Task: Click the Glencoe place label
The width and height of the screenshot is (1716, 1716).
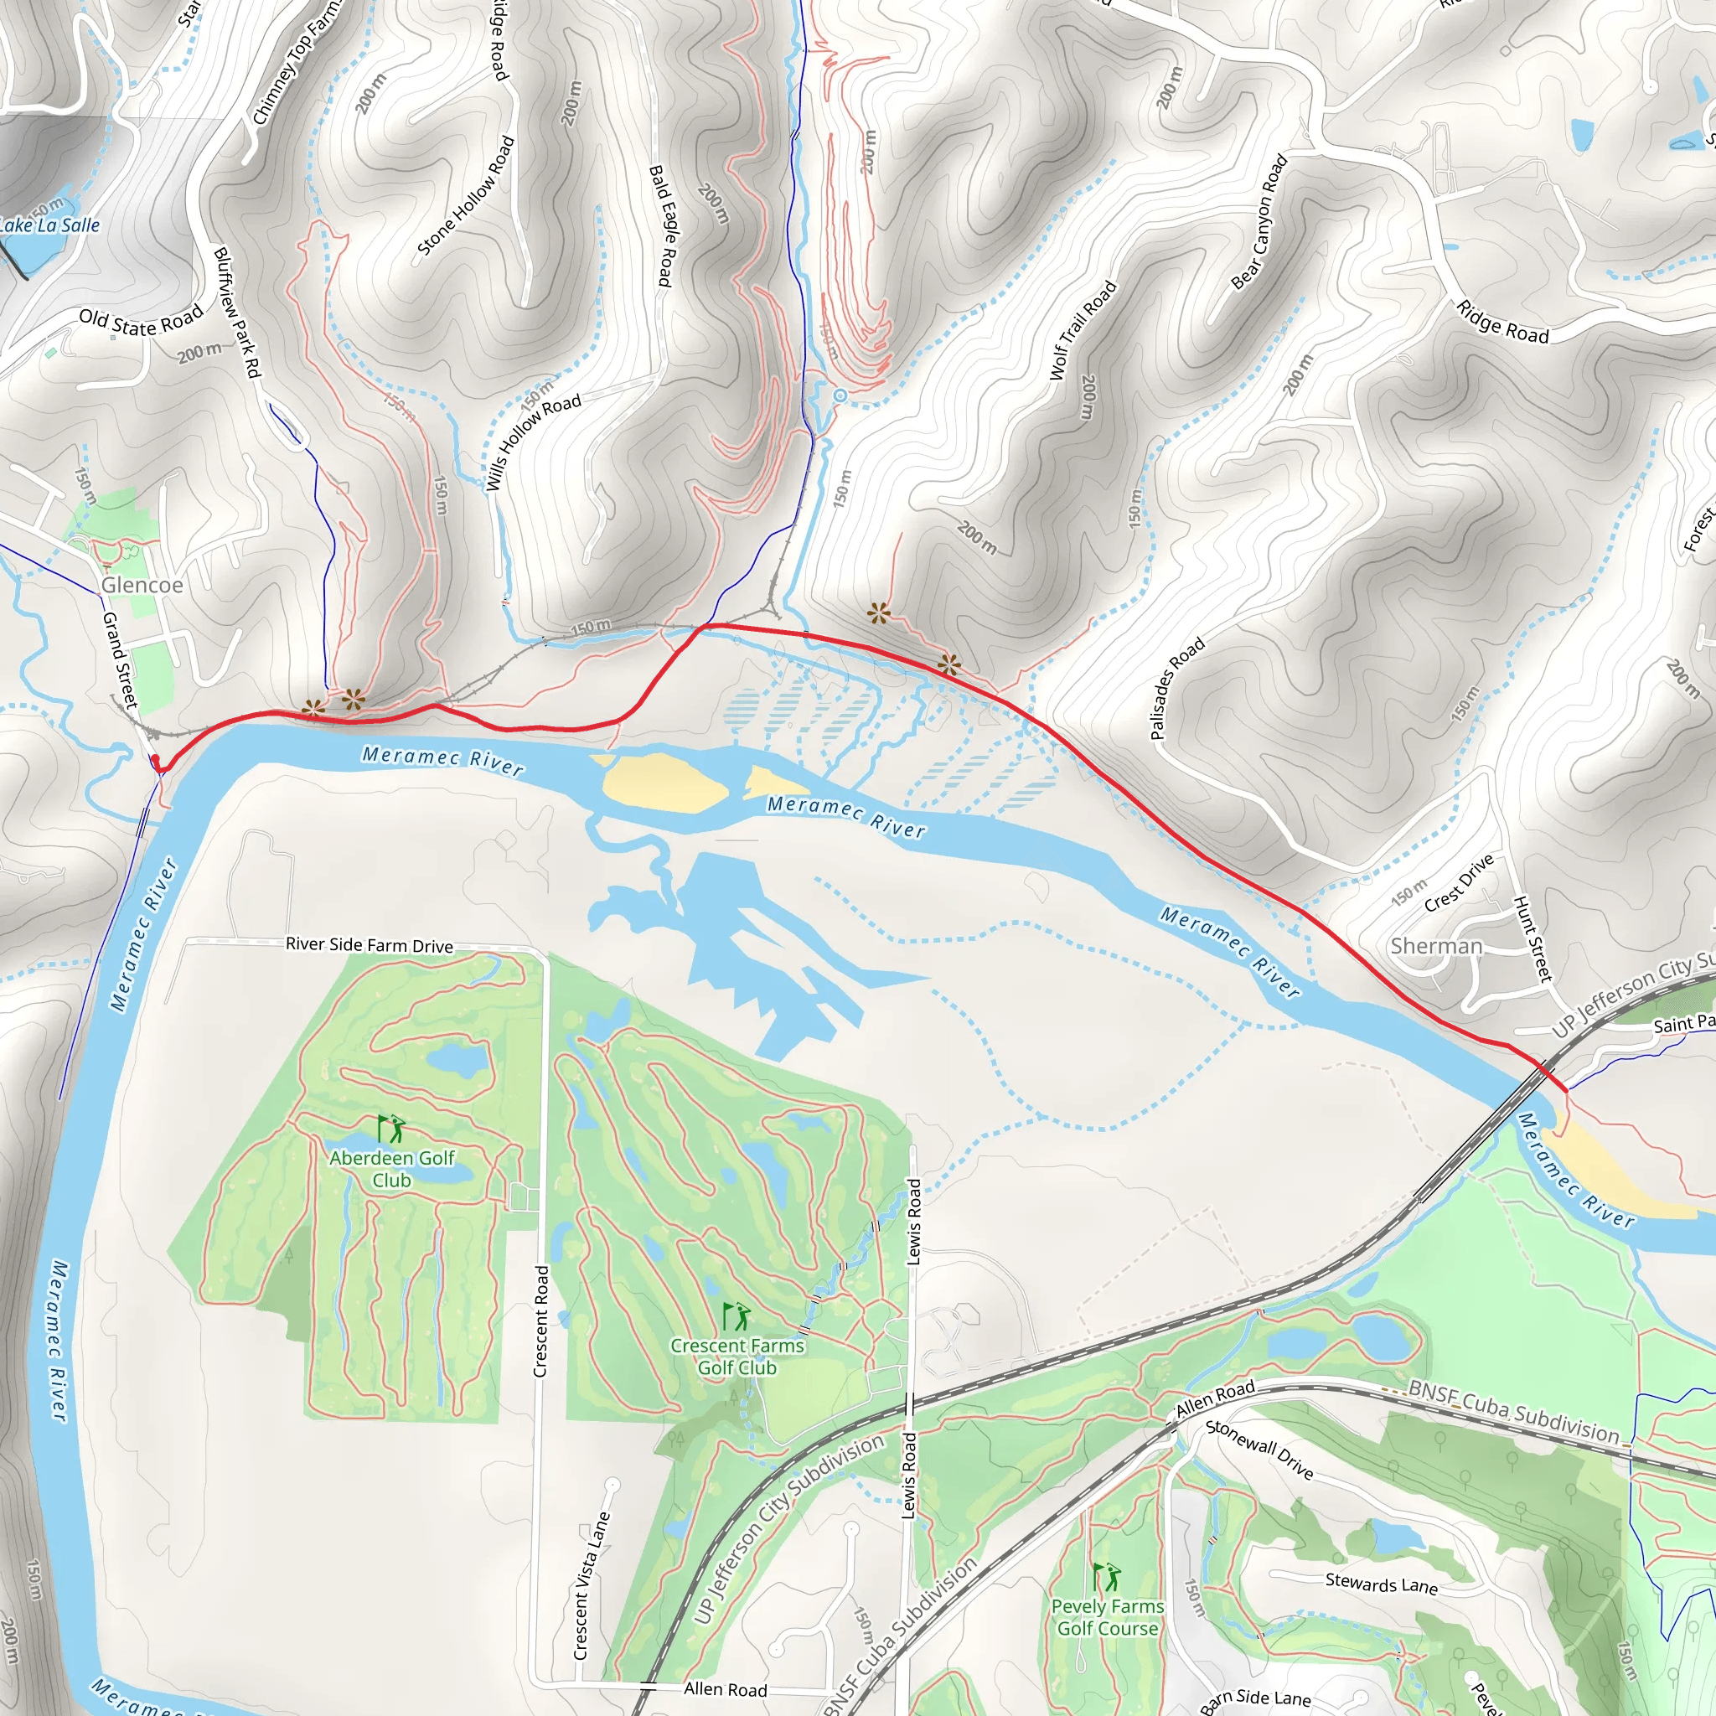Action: pyautogui.click(x=142, y=586)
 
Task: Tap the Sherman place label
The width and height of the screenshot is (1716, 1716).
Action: pyautogui.click(x=1436, y=946)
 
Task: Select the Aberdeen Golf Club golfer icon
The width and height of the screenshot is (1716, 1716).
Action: pyautogui.click(x=391, y=1129)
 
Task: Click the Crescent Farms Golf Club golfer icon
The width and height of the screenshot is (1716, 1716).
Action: pyautogui.click(x=737, y=1316)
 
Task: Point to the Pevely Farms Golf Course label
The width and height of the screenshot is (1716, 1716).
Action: pyautogui.click(x=1108, y=1617)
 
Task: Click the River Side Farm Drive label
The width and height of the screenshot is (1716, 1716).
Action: pyautogui.click(x=369, y=945)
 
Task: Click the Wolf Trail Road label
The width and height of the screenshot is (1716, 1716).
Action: pyautogui.click(x=1083, y=330)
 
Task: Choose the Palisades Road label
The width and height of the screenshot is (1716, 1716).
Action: pyautogui.click(x=1177, y=689)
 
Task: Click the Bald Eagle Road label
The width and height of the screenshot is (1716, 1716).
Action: pyautogui.click(x=662, y=225)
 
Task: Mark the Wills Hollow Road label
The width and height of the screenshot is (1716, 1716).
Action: pyautogui.click(x=533, y=442)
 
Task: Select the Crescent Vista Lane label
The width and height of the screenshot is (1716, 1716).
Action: pyautogui.click(x=592, y=1585)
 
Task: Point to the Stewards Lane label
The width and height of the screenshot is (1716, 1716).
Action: pyautogui.click(x=1381, y=1584)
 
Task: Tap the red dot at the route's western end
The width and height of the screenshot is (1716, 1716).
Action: pyautogui.click(x=156, y=759)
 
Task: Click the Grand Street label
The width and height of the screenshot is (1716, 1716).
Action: pyautogui.click(x=120, y=660)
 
